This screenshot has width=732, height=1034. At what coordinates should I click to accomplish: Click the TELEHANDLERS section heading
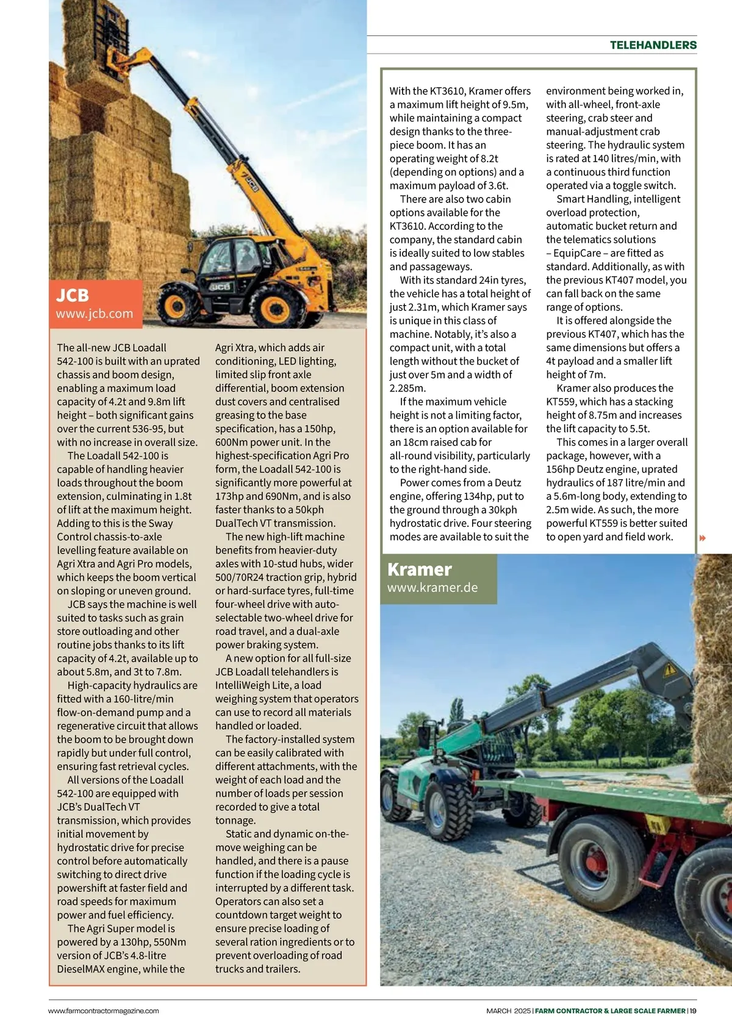[653, 45]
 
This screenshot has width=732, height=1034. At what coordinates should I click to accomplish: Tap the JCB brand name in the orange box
[73, 296]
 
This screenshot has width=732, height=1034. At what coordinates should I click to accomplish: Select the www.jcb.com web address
[95, 314]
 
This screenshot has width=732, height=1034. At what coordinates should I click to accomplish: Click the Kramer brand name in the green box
[420, 569]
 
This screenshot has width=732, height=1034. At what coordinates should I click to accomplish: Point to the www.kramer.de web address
[432, 588]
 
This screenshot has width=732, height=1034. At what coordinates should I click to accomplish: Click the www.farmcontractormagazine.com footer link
[104, 1011]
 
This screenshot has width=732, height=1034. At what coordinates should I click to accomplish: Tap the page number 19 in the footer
[693, 1011]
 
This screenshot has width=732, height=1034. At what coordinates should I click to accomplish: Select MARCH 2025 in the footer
[509, 1011]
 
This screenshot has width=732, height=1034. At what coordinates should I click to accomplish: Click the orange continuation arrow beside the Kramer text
[703, 538]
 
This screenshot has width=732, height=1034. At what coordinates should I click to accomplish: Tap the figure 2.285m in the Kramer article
[407, 388]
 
